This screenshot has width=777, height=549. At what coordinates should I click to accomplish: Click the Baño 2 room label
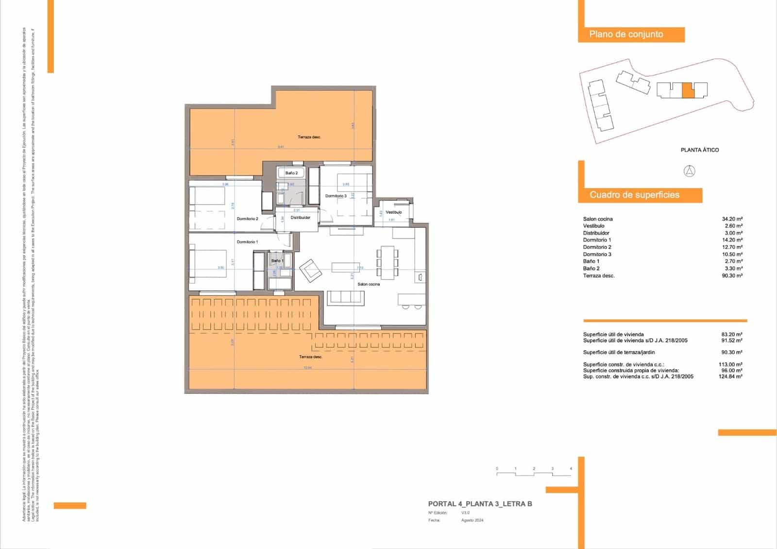tap(291, 173)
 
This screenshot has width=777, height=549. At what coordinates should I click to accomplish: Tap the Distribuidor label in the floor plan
tap(300, 218)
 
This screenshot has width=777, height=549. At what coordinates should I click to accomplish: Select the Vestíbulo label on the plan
tap(393, 212)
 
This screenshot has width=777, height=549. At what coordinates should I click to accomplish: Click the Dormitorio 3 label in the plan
tap(336, 196)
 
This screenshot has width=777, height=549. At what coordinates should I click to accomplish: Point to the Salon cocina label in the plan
tap(369, 284)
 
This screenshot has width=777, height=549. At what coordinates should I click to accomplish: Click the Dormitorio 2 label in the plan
tap(247, 219)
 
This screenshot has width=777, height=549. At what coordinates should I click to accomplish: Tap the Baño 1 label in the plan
tap(277, 261)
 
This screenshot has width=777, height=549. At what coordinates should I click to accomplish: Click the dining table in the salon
tap(388, 262)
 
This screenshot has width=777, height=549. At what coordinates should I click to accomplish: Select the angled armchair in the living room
tap(310, 271)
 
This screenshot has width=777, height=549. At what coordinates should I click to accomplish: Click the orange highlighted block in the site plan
tap(687, 91)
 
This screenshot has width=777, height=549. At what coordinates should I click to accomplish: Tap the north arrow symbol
tap(690, 171)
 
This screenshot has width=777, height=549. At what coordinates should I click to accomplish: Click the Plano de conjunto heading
tap(626, 34)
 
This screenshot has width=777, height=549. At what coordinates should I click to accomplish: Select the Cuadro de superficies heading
tap(634, 195)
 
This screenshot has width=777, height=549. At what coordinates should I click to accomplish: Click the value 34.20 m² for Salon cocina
tap(732, 219)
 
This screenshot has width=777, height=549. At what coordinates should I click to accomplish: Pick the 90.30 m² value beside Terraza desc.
tap(732, 275)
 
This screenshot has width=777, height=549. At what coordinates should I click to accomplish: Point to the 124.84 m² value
tap(731, 377)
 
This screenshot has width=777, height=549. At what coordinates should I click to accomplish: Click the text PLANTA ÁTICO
tap(699, 150)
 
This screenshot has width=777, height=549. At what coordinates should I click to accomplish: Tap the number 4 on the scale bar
tap(571, 469)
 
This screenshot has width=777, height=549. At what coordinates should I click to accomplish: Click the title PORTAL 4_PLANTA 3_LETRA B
tap(480, 504)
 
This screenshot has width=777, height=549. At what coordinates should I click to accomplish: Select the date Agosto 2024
tap(472, 520)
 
